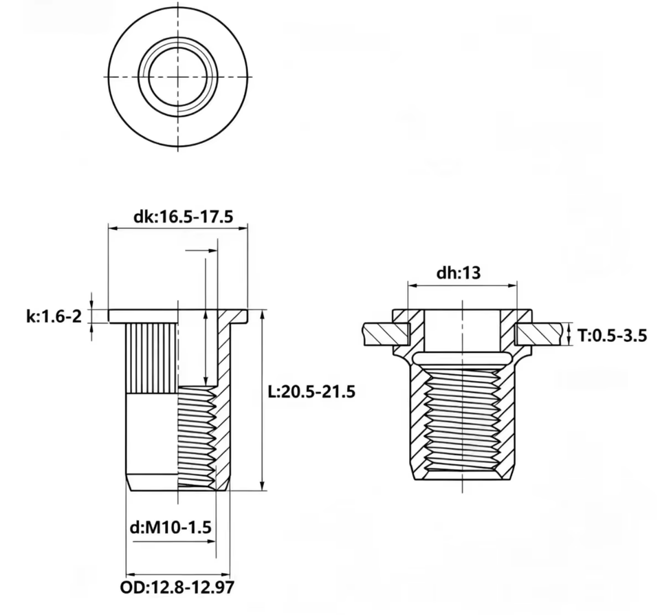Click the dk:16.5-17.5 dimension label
(183, 217)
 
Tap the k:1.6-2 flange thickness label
(54, 316)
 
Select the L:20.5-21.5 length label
(312, 391)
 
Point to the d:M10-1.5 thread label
(170, 527)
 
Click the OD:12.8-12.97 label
(177, 587)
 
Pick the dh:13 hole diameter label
(459, 273)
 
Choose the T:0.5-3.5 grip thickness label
(612, 336)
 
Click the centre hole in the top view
(177, 76)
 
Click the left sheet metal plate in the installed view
(386, 334)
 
